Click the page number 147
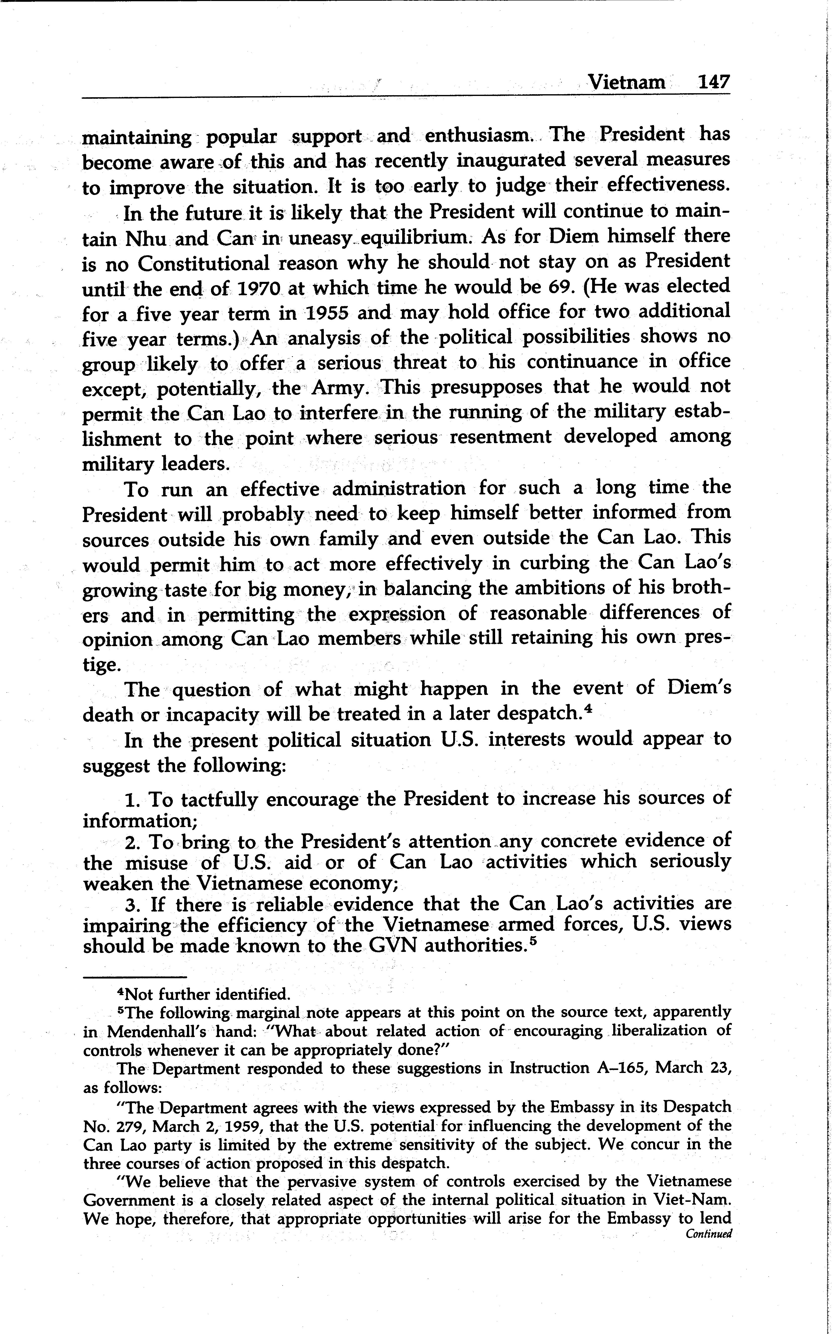coord(713,83)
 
